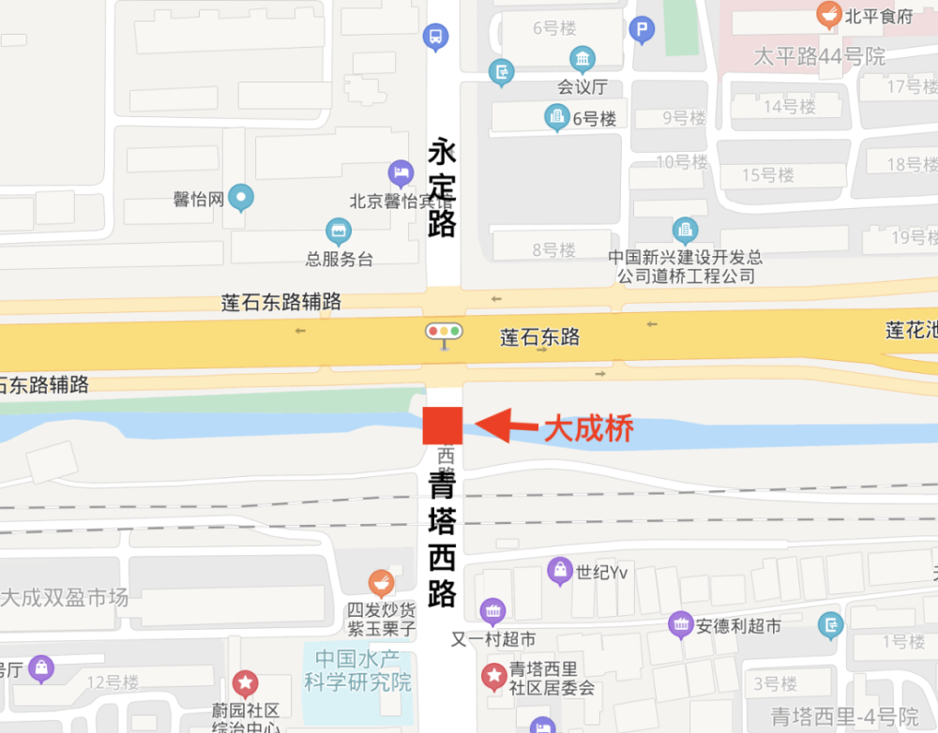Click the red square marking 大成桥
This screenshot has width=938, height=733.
click(442, 426)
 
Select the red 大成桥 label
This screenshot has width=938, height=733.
click(589, 429)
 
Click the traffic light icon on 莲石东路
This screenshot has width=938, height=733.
click(444, 332)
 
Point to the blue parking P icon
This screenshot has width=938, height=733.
click(642, 31)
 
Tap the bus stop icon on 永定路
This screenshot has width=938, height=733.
click(435, 37)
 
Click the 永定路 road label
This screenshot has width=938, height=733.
click(442, 187)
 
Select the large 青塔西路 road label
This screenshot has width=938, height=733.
click(442, 541)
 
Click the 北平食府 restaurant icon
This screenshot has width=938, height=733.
click(828, 15)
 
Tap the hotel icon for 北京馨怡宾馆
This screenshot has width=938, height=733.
click(401, 172)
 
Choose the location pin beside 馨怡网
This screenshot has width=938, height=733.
click(242, 198)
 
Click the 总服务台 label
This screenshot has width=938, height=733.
click(339, 259)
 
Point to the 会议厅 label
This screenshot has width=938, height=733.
click(582, 87)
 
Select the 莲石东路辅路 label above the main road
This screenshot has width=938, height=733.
click(281, 303)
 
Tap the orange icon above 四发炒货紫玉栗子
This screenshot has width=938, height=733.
click(380, 583)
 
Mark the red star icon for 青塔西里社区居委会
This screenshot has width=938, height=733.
click(493, 676)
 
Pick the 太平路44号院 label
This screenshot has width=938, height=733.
click(820, 57)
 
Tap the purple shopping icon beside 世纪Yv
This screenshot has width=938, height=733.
click(560, 569)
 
